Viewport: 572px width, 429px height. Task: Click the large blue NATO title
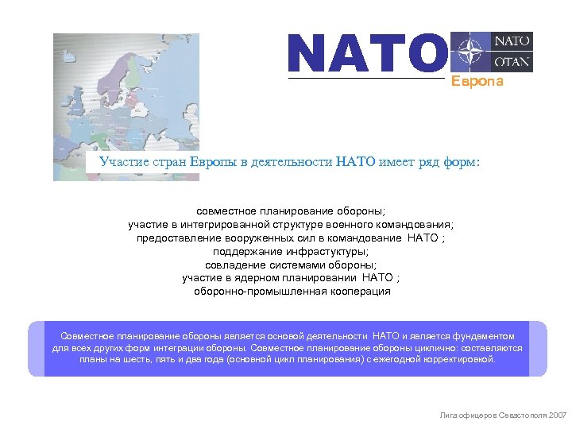[365, 53]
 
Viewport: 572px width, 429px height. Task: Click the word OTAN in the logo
[513, 62]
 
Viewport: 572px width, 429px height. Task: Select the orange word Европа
[477, 83]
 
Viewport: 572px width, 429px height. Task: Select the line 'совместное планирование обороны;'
[292, 211]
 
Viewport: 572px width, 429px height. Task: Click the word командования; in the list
[419, 225]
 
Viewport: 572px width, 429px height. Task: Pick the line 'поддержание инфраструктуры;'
[292, 251]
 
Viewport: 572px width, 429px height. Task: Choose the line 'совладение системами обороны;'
[292, 265]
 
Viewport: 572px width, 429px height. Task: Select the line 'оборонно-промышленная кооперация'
[292, 291]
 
